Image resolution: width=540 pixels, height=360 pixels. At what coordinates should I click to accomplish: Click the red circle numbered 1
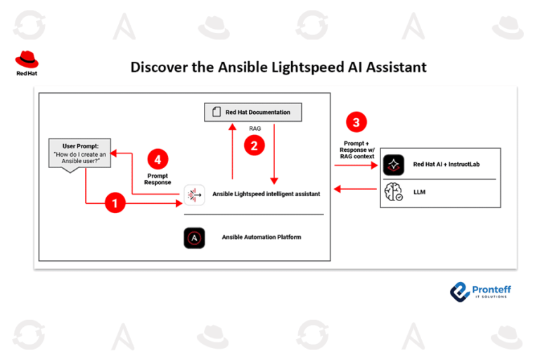click(x=115, y=204)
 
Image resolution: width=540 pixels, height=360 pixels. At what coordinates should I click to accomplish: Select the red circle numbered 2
click(x=253, y=145)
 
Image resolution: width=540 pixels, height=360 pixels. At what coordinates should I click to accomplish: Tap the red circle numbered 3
click(x=358, y=123)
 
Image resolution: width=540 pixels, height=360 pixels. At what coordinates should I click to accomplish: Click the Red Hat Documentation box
click(x=247, y=111)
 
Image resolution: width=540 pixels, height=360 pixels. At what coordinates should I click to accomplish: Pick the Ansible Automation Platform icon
click(x=194, y=238)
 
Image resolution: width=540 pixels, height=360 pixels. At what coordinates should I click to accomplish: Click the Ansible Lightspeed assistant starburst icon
click(x=195, y=193)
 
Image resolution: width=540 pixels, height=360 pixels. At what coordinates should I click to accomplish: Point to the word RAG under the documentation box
click(x=255, y=129)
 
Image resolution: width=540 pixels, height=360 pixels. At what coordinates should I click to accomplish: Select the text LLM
click(x=420, y=192)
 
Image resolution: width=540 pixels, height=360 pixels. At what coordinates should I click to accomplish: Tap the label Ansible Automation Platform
click(x=261, y=238)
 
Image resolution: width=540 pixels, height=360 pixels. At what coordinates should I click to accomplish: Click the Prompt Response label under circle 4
click(x=157, y=179)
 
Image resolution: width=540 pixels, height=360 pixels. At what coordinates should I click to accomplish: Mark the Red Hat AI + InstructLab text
click(x=446, y=165)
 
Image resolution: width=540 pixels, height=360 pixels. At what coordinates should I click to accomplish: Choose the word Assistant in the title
click(x=394, y=67)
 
